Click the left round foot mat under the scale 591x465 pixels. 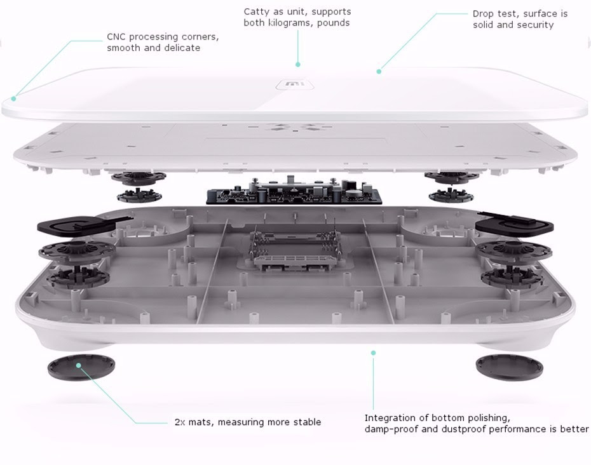[x=82, y=367]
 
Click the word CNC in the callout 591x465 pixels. [x=116, y=37]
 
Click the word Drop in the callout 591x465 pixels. [x=484, y=14]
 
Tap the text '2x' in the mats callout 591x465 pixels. [x=179, y=422]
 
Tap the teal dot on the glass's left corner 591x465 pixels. [x=13, y=98]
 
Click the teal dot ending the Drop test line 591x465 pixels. [x=379, y=72]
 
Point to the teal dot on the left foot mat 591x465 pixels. [x=79, y=365]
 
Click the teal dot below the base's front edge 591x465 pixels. [x=373, y=353]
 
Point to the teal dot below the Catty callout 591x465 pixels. [x=297, y=64]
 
